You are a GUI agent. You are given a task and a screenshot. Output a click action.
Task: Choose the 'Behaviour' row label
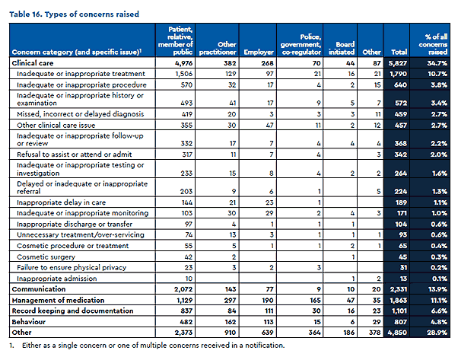32,322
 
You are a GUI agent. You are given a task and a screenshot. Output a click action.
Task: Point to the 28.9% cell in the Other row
435,333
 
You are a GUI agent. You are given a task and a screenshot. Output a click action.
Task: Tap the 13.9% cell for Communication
435,290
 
